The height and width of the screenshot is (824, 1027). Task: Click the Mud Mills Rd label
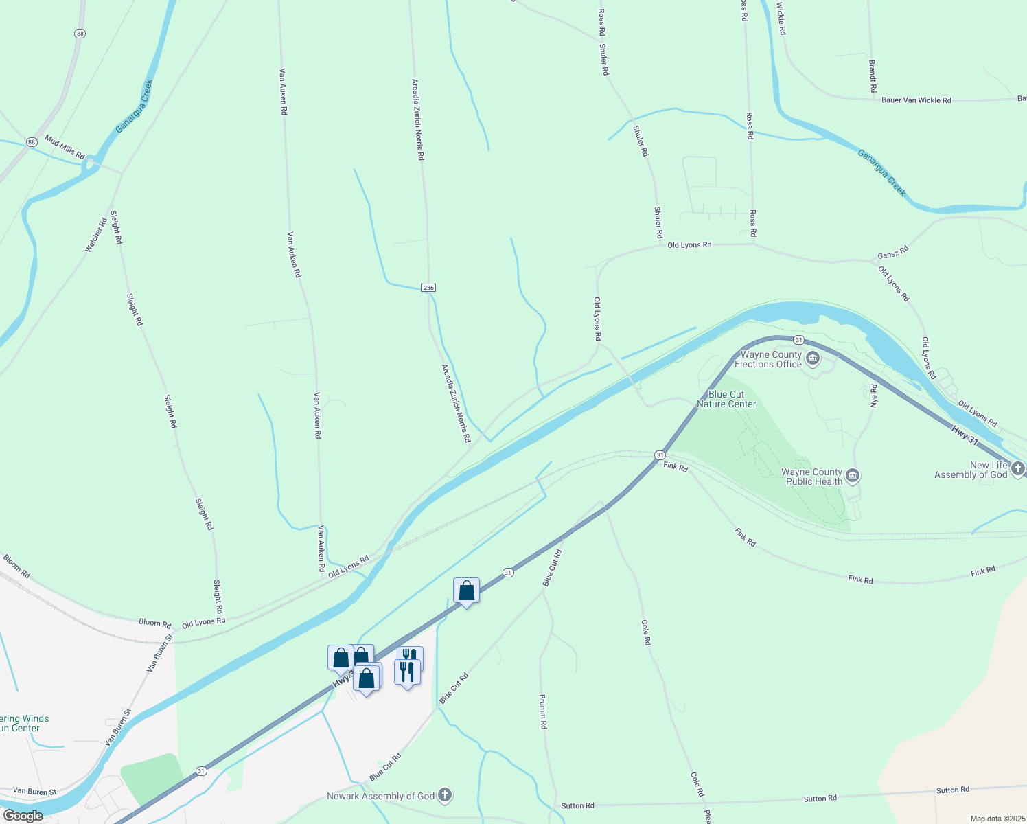tap(65, 147)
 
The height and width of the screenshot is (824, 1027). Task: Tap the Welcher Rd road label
tap(96, 234)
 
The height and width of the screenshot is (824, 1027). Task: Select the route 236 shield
tap(428, 288)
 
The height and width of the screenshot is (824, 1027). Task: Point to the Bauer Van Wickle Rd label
tap(916, 100)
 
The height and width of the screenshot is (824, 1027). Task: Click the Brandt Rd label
tap(873, 76)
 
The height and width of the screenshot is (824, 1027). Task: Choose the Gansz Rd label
tap(892, 252)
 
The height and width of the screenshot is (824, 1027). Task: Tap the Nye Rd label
tap(874, 396)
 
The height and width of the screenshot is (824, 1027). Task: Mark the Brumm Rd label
tap(542, 711)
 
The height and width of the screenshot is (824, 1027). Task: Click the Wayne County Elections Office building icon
tap(813, 358)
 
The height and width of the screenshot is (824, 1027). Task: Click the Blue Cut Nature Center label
tap(726, 399)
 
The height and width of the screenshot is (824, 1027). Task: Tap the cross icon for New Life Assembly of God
tap(1017, 469)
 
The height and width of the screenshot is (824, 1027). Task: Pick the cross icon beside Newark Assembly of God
tap(445, 796)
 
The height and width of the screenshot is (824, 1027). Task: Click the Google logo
tap(23, 816)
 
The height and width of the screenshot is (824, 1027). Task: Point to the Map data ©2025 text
tap(997, 819)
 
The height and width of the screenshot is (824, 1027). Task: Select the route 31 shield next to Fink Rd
tap(659, 455)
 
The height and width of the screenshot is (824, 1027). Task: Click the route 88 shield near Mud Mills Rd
tap(32, 142)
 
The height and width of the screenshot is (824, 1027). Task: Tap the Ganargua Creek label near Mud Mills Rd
tap(134, 106)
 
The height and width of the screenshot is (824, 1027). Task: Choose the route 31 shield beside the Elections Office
tap(798, 340)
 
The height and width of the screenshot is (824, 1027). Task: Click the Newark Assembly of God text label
tap(380, 796)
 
